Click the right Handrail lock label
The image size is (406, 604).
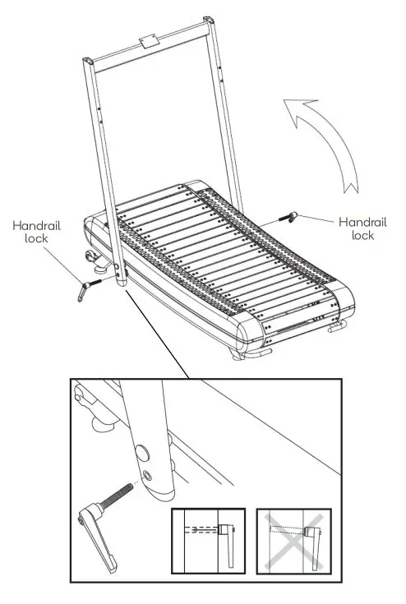click(362, 228)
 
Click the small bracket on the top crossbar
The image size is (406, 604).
click(149, 39)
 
